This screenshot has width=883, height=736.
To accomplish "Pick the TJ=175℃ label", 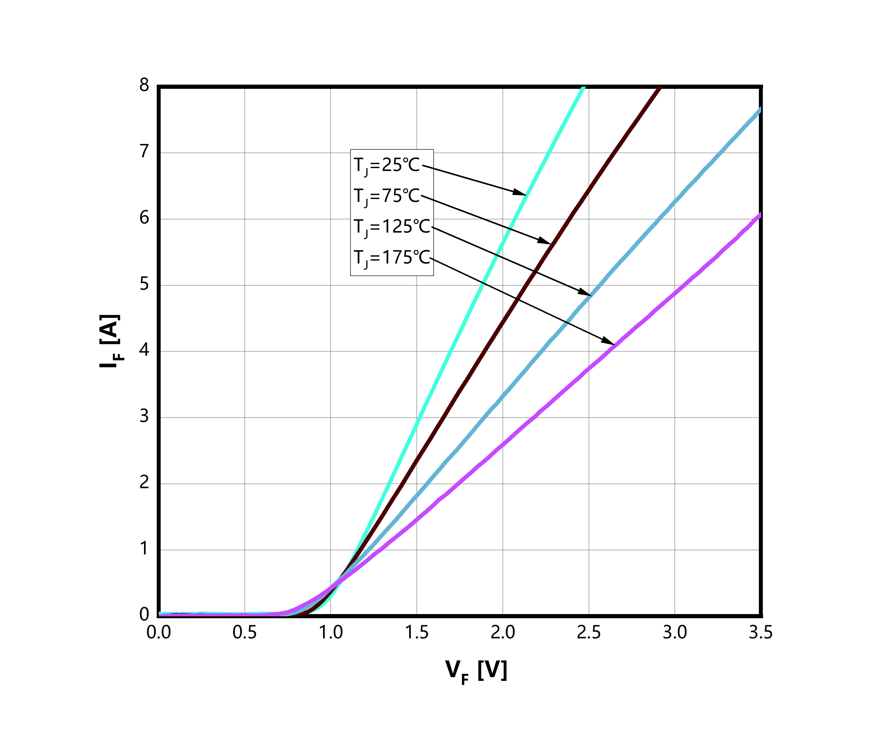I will point(392,257).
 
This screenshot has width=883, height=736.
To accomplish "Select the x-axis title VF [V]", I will point(476,670).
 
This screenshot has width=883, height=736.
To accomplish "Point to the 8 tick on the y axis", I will point(144,85).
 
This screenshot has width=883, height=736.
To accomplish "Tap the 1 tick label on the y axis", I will point(144,548).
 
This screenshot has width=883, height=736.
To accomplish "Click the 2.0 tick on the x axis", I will point(503,632).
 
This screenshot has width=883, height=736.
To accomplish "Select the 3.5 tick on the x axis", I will point(760,632).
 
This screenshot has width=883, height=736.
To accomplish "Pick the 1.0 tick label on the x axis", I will point(330,632).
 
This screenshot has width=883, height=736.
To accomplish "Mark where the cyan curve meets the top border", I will point(583,88).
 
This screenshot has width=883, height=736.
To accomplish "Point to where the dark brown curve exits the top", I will point(659,88).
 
